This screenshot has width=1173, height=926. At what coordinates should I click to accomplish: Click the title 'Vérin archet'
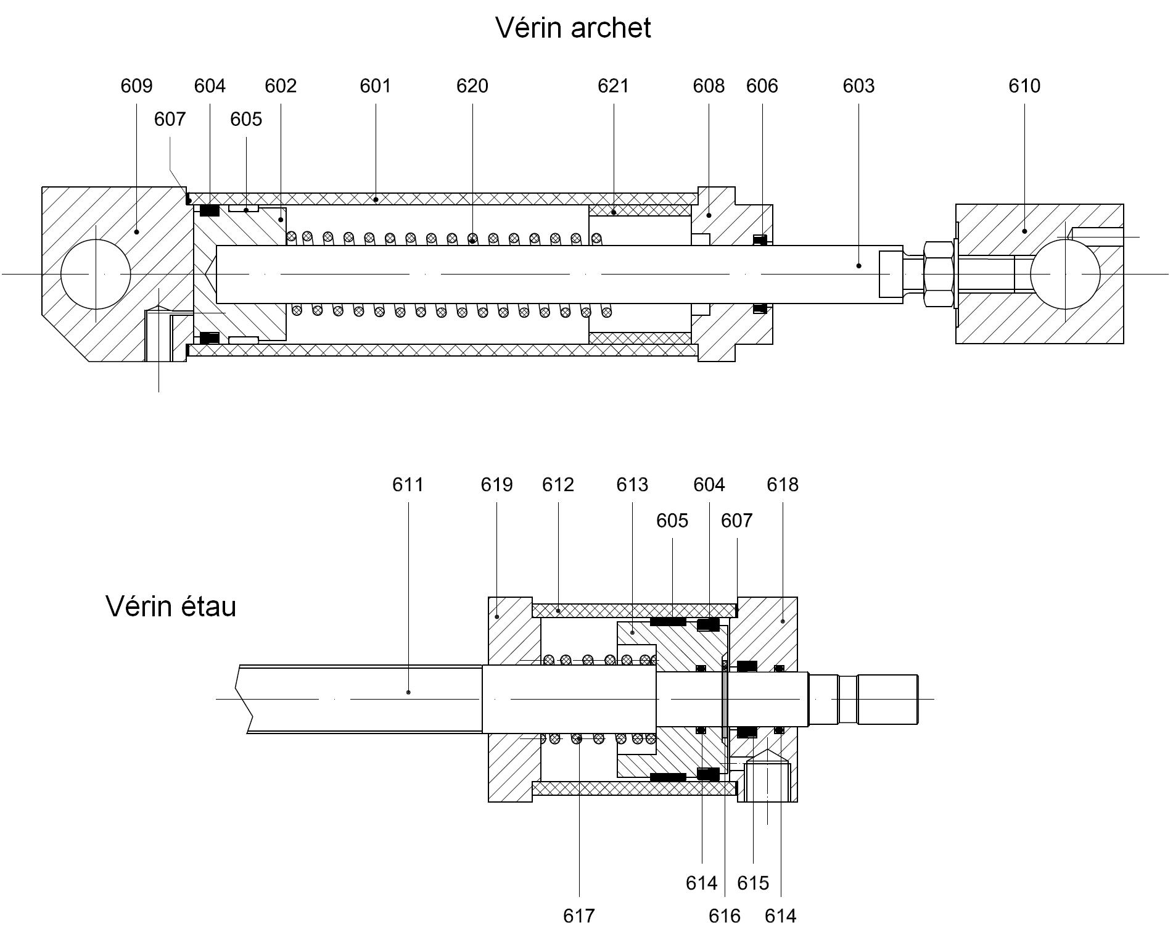[573, 28]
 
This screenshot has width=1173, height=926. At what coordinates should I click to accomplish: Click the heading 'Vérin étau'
[171, 606]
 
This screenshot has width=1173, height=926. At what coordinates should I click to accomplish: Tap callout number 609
[136, 86]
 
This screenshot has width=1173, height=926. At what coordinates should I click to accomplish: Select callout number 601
[375, 86]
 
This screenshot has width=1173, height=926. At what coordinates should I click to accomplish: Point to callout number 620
[472, 86]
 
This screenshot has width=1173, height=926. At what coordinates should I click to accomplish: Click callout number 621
[613, 86]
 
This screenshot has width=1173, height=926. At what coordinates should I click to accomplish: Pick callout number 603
[858, 86]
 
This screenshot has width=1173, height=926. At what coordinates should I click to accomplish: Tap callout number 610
[1024, 86]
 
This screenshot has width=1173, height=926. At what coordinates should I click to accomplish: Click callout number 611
[408, 485]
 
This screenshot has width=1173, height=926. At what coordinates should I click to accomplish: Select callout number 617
[579, 916]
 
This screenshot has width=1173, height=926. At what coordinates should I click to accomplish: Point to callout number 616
[724, 916]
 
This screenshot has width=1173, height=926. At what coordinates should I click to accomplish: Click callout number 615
[753, 883]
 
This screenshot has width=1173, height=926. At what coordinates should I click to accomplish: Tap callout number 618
[783, 485]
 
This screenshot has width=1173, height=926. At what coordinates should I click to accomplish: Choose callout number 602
[281, 86]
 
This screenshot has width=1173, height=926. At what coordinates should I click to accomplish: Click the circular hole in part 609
[96, 273]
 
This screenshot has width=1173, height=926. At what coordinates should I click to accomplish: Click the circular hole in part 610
[1065, 273]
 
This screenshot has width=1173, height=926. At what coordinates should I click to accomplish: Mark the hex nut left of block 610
[938, 273]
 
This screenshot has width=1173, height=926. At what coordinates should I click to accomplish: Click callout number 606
[762, 86]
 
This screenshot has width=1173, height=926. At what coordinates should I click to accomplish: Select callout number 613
[632, 485]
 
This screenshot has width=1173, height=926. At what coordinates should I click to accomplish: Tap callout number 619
[496, 485]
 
